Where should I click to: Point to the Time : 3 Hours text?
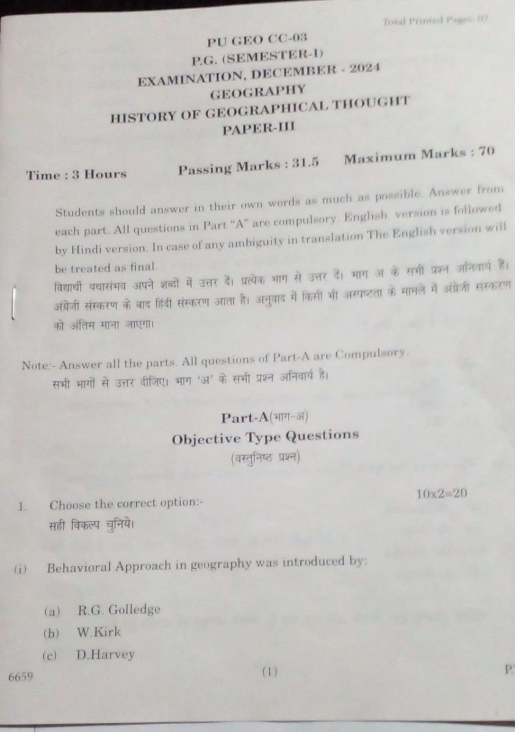tap(76, 174)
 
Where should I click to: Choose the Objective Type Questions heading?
tap(265, 437)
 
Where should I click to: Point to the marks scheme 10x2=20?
tap(442, 493)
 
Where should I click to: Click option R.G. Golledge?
tap(119, 609)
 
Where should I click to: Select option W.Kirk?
tap(99, 632)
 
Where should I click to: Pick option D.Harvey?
tap(106, 655)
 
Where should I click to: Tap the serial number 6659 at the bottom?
tap(21, 676)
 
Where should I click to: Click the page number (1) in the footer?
tap(269, 672)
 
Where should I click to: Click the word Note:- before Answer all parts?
tap(38, 366)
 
